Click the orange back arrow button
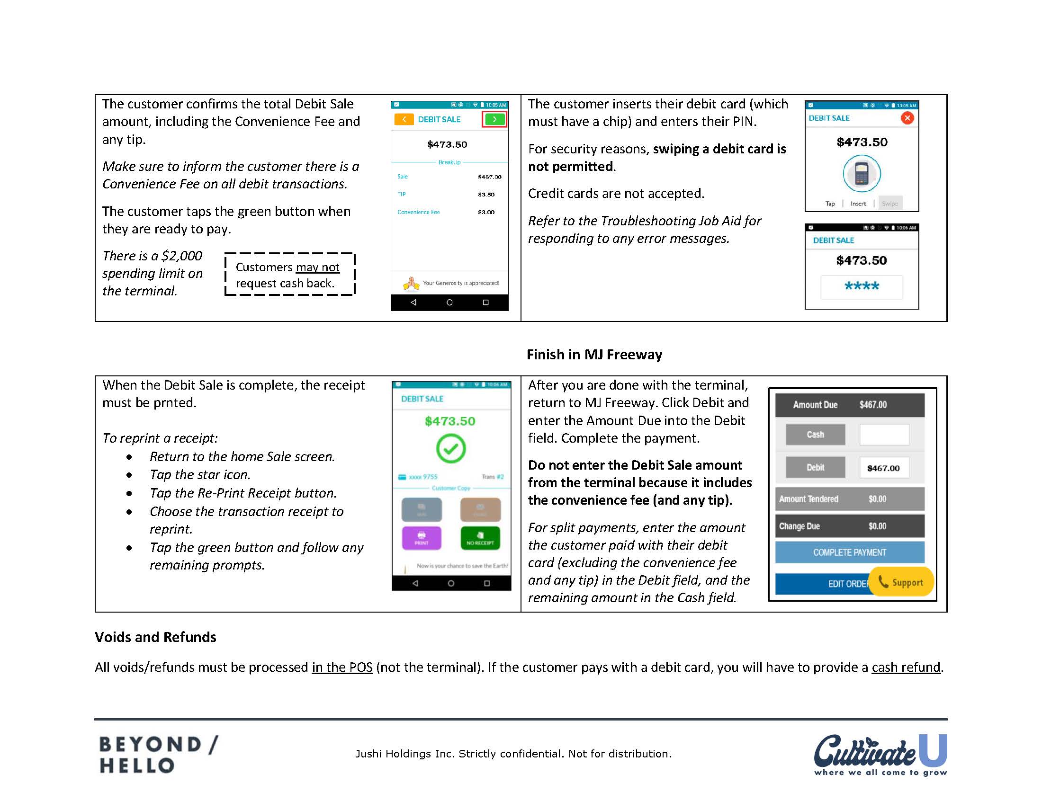click(x=404, y=119)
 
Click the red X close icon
click(x=907, y=118)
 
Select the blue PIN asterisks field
click(x=861, y=286)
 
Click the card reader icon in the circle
click(x=861, y=174)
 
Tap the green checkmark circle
click(x=450, y=448)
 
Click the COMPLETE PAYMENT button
click(x=849, y=552)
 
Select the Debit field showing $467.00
click(x=884, y=468)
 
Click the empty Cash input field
click(x=884, y=435)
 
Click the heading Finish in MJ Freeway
click(x=594, y=355)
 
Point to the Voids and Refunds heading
click(x=155, y=637)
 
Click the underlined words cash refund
click(x=905, y=667)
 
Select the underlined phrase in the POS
click(x=342, y=667)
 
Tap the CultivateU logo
click(x=880, y=754)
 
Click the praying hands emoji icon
click(x=411, y=284)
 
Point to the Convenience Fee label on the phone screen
click(x=418, y=212)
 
